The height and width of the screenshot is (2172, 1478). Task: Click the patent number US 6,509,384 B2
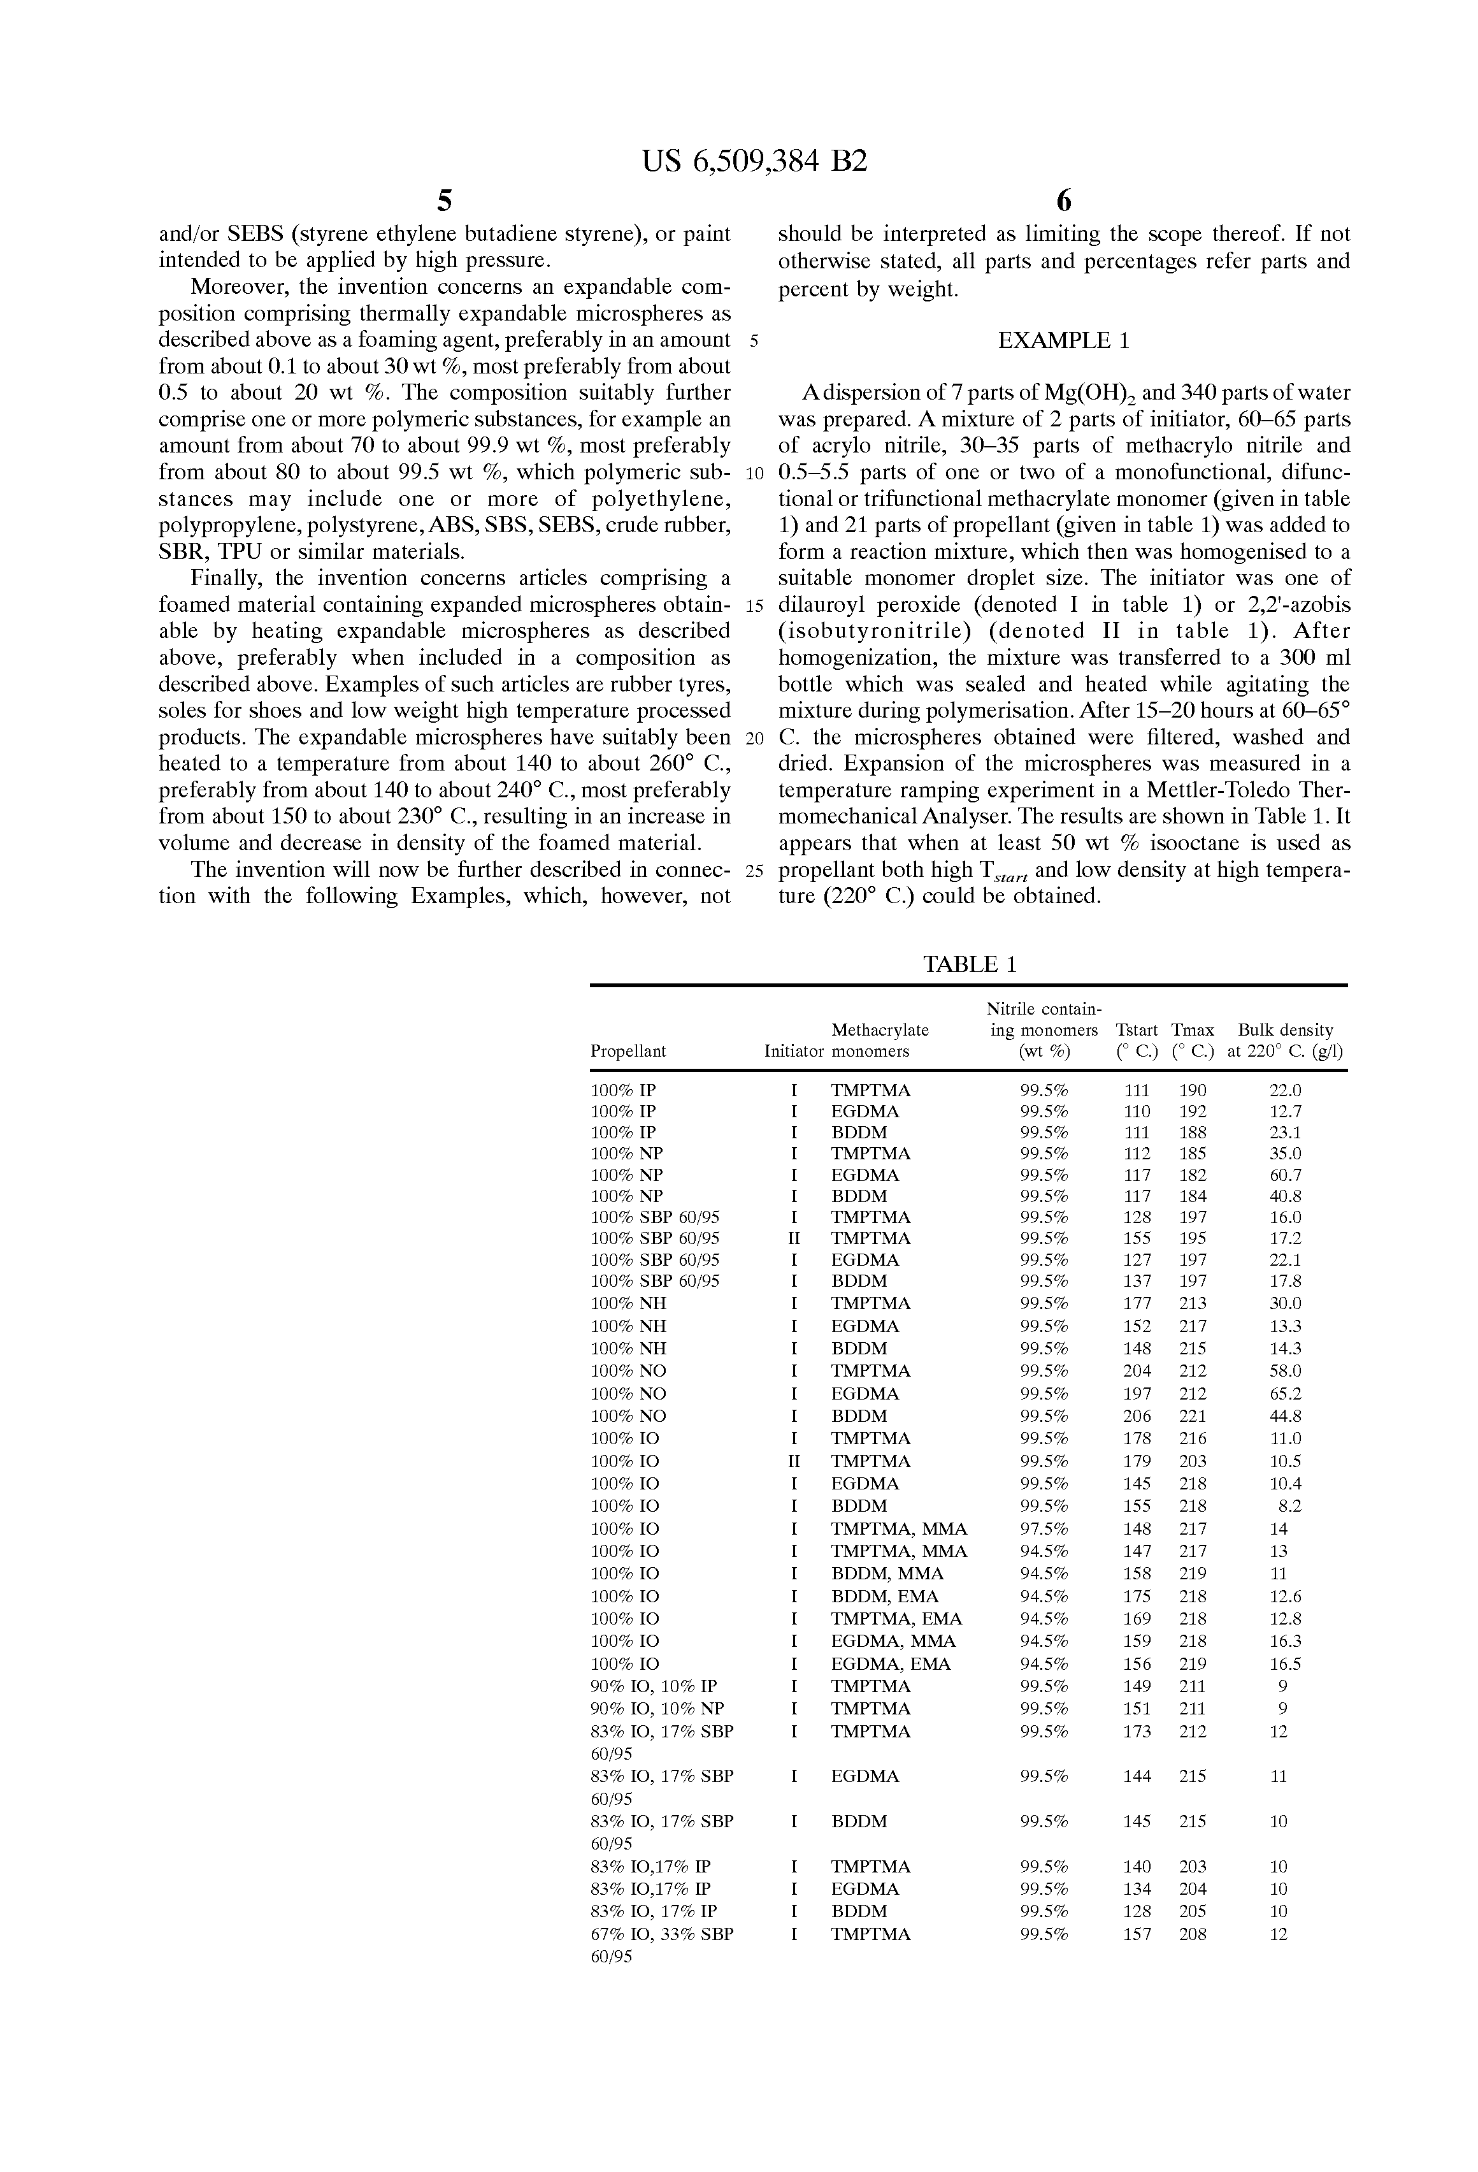(755, 162)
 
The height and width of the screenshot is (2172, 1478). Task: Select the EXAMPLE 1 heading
(1063, 341)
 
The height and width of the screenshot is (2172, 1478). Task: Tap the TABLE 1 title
(969, 964)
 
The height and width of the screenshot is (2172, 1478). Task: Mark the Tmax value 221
(1192, 1416)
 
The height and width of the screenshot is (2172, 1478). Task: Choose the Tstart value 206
(1137, 1416)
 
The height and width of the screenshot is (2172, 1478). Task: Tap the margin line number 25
(755, 871)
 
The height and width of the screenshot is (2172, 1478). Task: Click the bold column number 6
(1063, 201)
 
